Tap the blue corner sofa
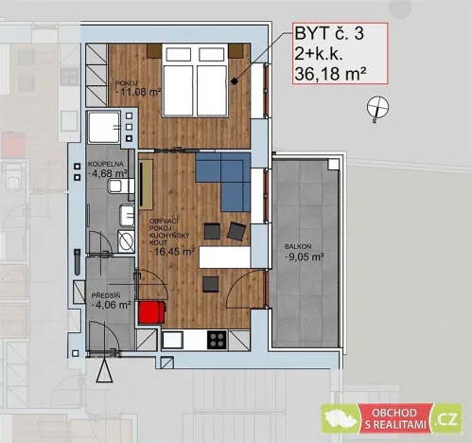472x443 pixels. coord(223,182)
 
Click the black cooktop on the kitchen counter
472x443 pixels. coord(216,339)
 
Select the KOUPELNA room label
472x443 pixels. coord(103,162)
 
